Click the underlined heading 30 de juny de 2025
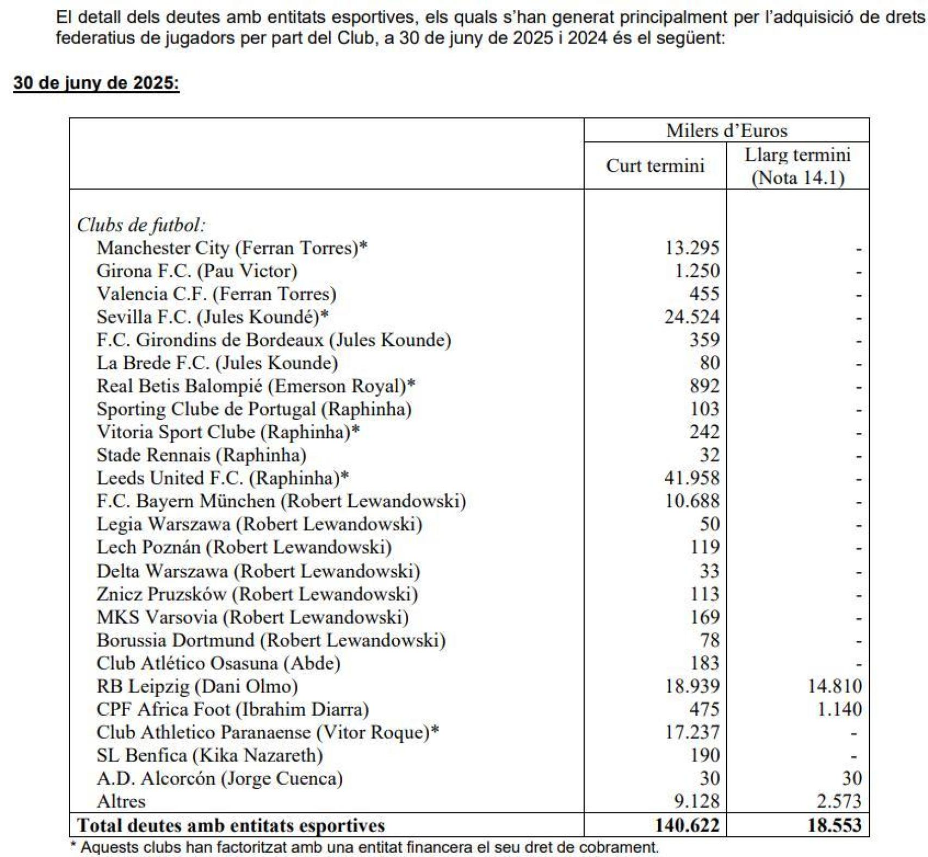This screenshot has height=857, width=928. point(96,83)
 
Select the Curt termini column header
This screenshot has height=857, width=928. point(655,166)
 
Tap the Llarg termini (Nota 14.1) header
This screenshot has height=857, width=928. point(797,166)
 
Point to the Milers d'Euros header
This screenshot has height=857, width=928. point(726,131)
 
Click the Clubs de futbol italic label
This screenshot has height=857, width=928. point(141,225)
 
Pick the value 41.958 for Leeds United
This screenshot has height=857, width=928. point(691,478)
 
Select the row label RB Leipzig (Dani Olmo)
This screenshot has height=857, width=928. point(197,686)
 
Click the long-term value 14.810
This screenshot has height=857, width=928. point(835,686)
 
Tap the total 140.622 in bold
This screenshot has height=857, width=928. point(687,825)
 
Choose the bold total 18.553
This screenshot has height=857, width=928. point(834,825)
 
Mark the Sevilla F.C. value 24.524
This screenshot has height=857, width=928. point(691,317)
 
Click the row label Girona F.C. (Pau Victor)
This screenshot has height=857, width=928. point(197,271)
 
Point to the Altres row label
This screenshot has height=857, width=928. point(121,802)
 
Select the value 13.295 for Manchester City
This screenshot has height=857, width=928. point(692,248)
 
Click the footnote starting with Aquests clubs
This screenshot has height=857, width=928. point(364,847)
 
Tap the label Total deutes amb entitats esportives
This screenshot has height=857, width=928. point(231,825)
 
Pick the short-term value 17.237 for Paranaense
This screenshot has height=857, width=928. point(692,732)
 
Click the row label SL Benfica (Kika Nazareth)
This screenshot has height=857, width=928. point(209,755)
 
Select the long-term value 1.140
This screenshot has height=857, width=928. point(840,710)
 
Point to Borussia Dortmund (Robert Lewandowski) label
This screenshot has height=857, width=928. point(271,640)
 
